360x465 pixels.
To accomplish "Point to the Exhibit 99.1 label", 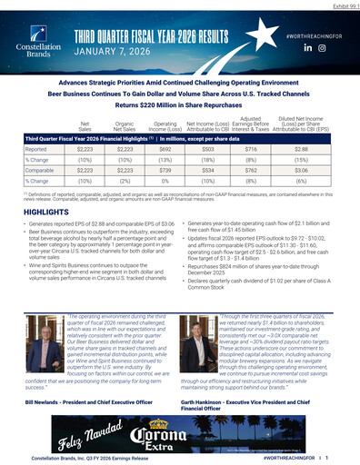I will tap(338, 5).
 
